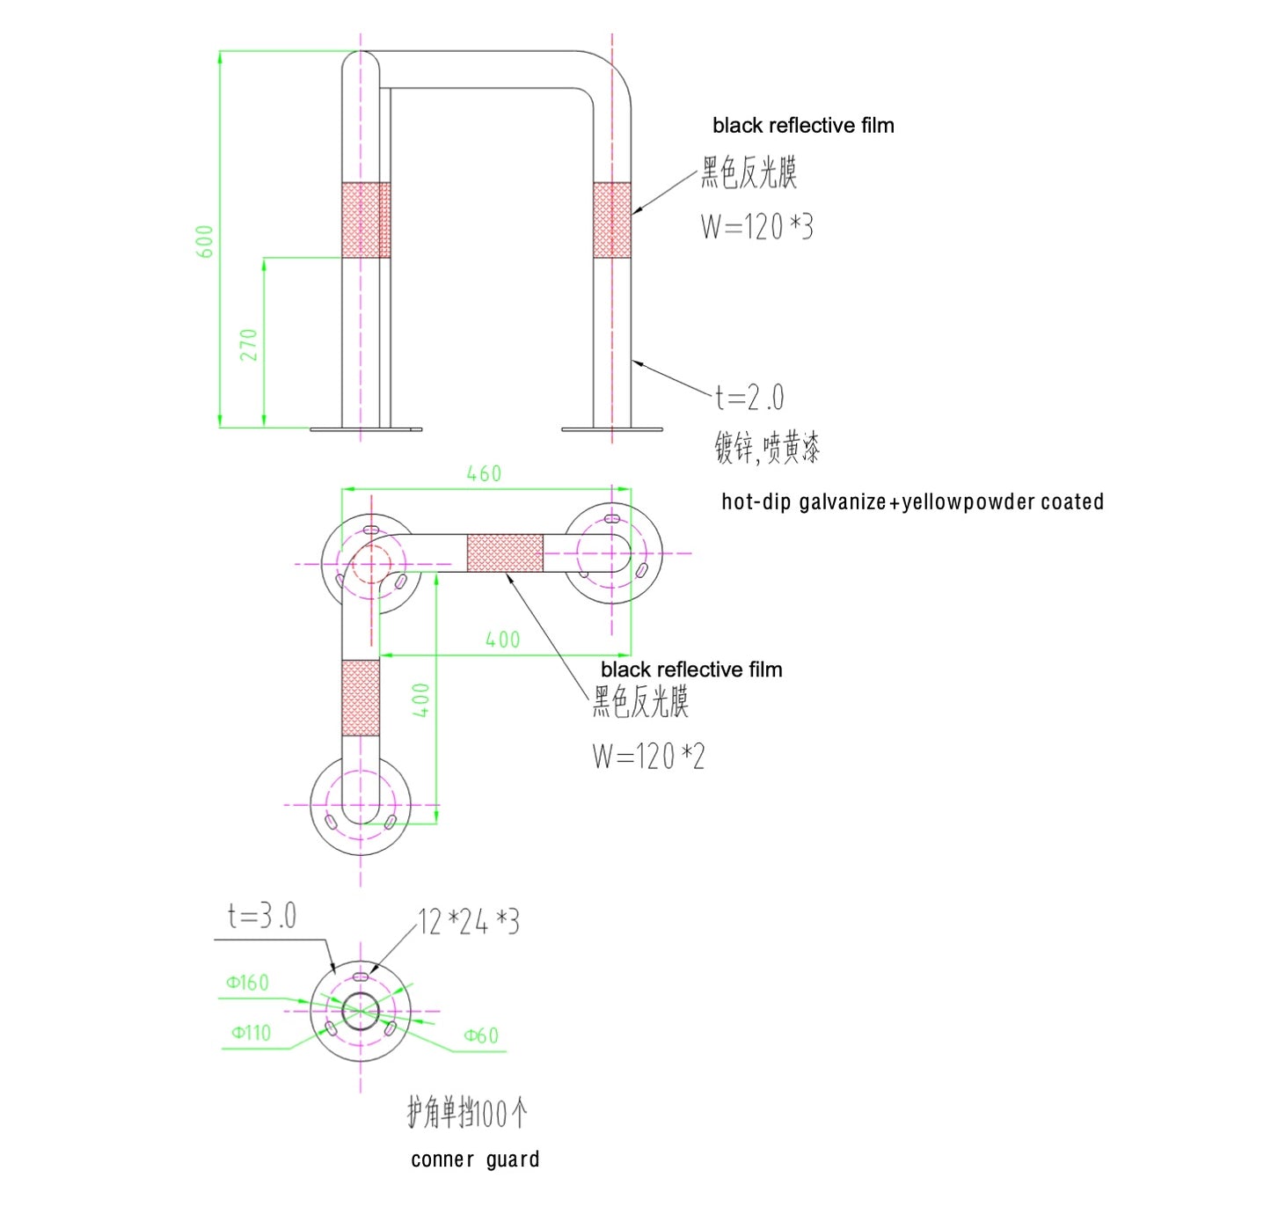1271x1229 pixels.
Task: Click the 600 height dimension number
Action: pyautogui.click(x=204, y=241)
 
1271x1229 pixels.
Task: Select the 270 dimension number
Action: pyautogui.click(x=248, y=345)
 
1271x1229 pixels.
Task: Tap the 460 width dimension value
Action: pyautogui.click(x=484, y=473)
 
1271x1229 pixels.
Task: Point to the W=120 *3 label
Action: pyautogui.click(x=757, y=227)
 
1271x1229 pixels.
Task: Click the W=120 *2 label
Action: pyautogui.click(x=648, y=757)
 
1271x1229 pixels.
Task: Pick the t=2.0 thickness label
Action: pyautogui.click(x=749, y=397)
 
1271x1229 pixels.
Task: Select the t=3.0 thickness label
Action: pyautogui.click(x=262, y=916)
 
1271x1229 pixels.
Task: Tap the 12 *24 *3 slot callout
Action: pyautogui.click(x=468, y=922)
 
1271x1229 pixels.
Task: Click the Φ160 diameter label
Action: pyautogui.click(x=247, y=982)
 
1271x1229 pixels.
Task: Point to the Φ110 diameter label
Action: pyautogui.click(x=251, y=1032)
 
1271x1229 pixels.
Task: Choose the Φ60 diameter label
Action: pyautogui.click(x=481, y=1035)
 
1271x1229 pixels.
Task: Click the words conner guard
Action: pyautogui.click(x=475, y=1160)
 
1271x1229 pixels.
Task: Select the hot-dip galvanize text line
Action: pyautogui.click(x=912, y=501)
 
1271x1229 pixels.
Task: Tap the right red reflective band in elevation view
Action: pyautogui.click(x=612, y=220)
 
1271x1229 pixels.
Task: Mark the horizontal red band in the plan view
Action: pyautogui.click(x=505, y=552)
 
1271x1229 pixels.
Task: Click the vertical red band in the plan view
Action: pyautogui.click(x=361, y=698)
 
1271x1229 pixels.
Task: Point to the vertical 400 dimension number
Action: pyautogui.click(x=421, y=699)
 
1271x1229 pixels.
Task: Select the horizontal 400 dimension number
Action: pyautogui.click(x=503, y=639)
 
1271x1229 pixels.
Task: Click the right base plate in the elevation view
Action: pyautogui.click(x=612, y=429)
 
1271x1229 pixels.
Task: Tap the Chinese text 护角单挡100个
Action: pyautogui.click(x=467, y=1113)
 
